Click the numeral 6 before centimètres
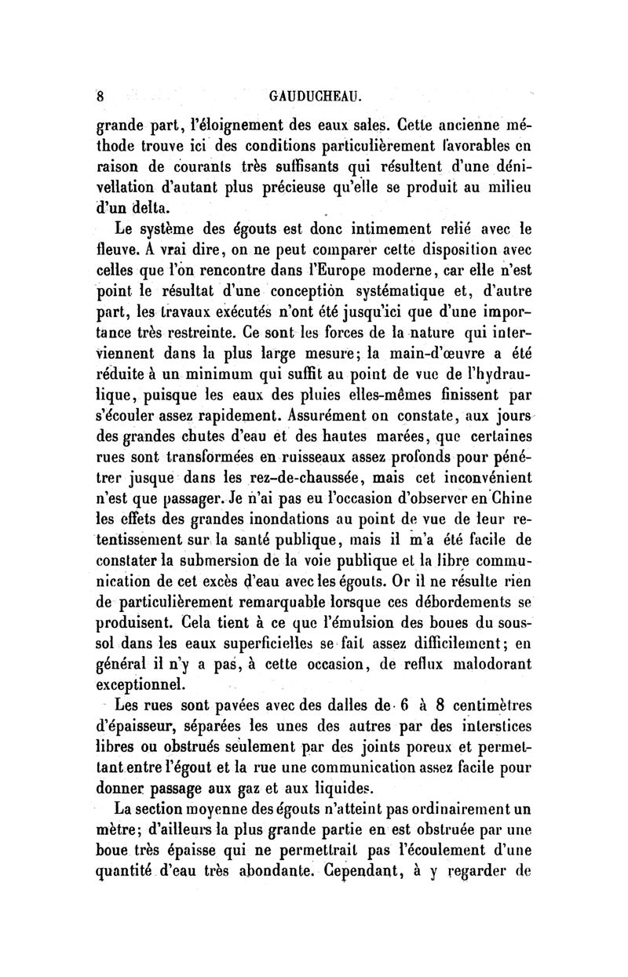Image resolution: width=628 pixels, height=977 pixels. (403, 704)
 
